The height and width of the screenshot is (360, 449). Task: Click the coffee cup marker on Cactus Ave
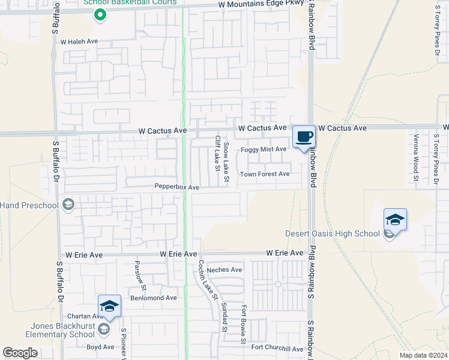pyautogui.click(x=304, y=137)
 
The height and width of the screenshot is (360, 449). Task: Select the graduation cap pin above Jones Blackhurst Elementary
pyautogui.click(x=110, y=306)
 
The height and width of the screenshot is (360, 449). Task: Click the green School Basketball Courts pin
pyautogui.click(x=100, y=15)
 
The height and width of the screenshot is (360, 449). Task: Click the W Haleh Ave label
pyautogui.click(x=79, y=42)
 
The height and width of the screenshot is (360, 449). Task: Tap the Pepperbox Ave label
pyautogui.click(x=177, y=187)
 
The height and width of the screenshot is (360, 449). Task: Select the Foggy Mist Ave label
pyautogui.click(x=264, y=149)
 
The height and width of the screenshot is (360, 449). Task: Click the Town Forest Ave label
pyautogui.click(x=265, y=174)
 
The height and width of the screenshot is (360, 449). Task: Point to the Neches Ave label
pyautogui.click(x=224, y=270)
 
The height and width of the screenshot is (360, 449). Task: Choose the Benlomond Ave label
pyautogui.click(x=154, y=298)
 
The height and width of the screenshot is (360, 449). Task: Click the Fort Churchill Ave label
pyautogui.click(x=277, y=348)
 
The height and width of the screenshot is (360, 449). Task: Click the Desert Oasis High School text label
pyautogui.click(x=332, y=233)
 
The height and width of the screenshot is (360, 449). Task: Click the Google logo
pyautogui.click(x=20, y=353)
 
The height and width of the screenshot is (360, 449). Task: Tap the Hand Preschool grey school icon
pyautogui.click(x=68, y=205)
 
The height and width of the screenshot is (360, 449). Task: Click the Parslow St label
pyautogui.click(x=140, y=272)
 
